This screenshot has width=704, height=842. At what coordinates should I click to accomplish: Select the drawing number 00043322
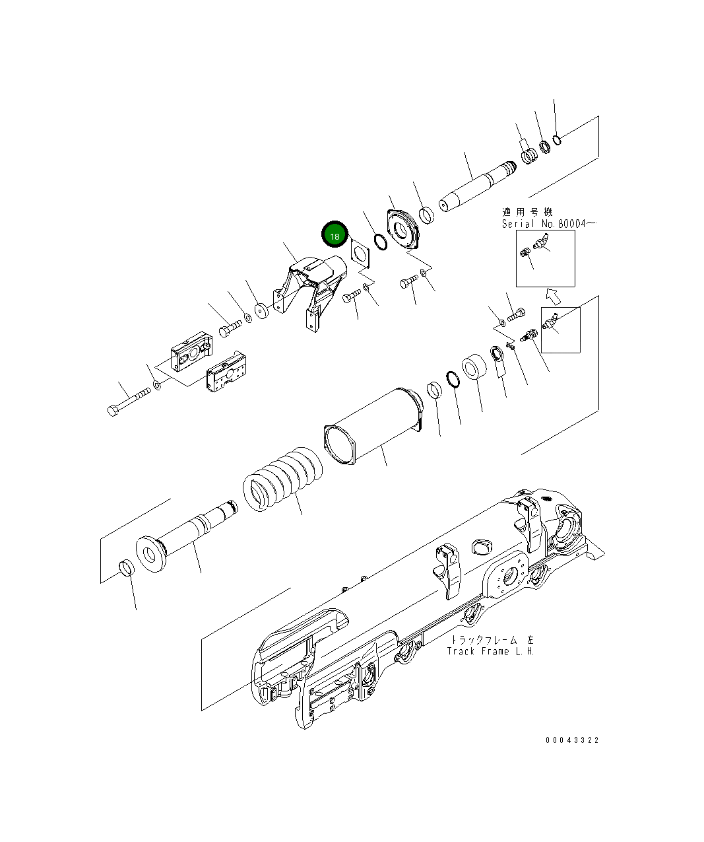click(572, 740)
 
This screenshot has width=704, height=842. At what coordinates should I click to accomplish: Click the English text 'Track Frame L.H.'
click(490, 652)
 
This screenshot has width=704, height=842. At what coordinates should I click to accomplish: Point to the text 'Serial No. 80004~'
click(549, 224)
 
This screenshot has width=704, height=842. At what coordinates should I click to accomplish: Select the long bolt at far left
click(129, 402)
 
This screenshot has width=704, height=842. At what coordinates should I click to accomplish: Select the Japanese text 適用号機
click(527, 212)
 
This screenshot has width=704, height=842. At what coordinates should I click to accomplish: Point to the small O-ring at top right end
click(558, 139)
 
